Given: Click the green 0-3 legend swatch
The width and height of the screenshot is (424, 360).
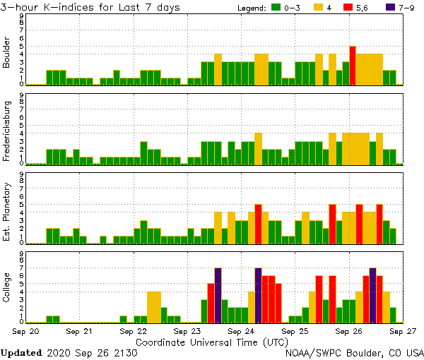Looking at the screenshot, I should click(x=276, y=8).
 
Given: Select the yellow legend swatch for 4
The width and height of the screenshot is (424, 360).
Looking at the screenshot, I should click(x=319, y=8).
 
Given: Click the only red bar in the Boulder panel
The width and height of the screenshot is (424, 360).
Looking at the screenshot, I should click(x=352, y=66).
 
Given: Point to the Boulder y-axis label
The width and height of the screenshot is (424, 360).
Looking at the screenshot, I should click(x=7, y=54).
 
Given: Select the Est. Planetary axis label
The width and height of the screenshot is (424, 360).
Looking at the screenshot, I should click(x=7, y=212).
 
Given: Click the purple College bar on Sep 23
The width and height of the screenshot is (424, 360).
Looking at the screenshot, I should click(x=218, y=295).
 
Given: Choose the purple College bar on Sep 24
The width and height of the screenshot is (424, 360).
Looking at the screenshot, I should click(x=258, y=295).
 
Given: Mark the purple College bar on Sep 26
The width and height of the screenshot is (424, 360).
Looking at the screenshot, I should click(x=372, y=295).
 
